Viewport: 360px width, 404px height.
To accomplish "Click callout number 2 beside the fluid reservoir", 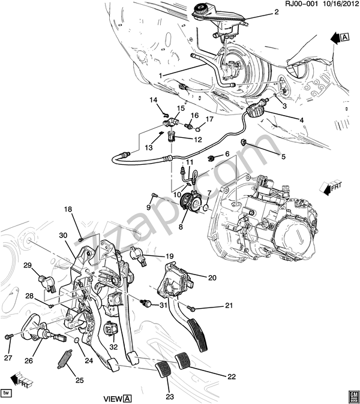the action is [277, 12].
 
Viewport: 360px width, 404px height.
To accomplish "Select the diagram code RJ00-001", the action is [301, 4].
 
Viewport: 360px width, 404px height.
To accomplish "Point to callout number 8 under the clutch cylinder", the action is [181, 227].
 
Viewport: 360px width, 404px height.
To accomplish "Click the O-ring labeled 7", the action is [206, 207].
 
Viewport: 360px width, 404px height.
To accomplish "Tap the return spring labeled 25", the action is [64, 358].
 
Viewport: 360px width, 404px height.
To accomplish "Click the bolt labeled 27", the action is [9, 336].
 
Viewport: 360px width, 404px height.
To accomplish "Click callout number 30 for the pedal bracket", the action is [63, 235].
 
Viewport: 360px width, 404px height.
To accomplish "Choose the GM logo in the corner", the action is [353, 396].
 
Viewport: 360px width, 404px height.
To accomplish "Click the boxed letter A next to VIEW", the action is [127, 399].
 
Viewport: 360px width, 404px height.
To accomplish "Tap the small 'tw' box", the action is [7, 393].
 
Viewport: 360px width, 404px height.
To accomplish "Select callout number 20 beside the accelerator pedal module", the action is [212, 278].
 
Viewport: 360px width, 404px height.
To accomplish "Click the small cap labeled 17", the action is [199, 128].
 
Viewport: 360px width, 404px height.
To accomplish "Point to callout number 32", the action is [114, 347].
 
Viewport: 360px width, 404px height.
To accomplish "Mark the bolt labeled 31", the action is [146, 303].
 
